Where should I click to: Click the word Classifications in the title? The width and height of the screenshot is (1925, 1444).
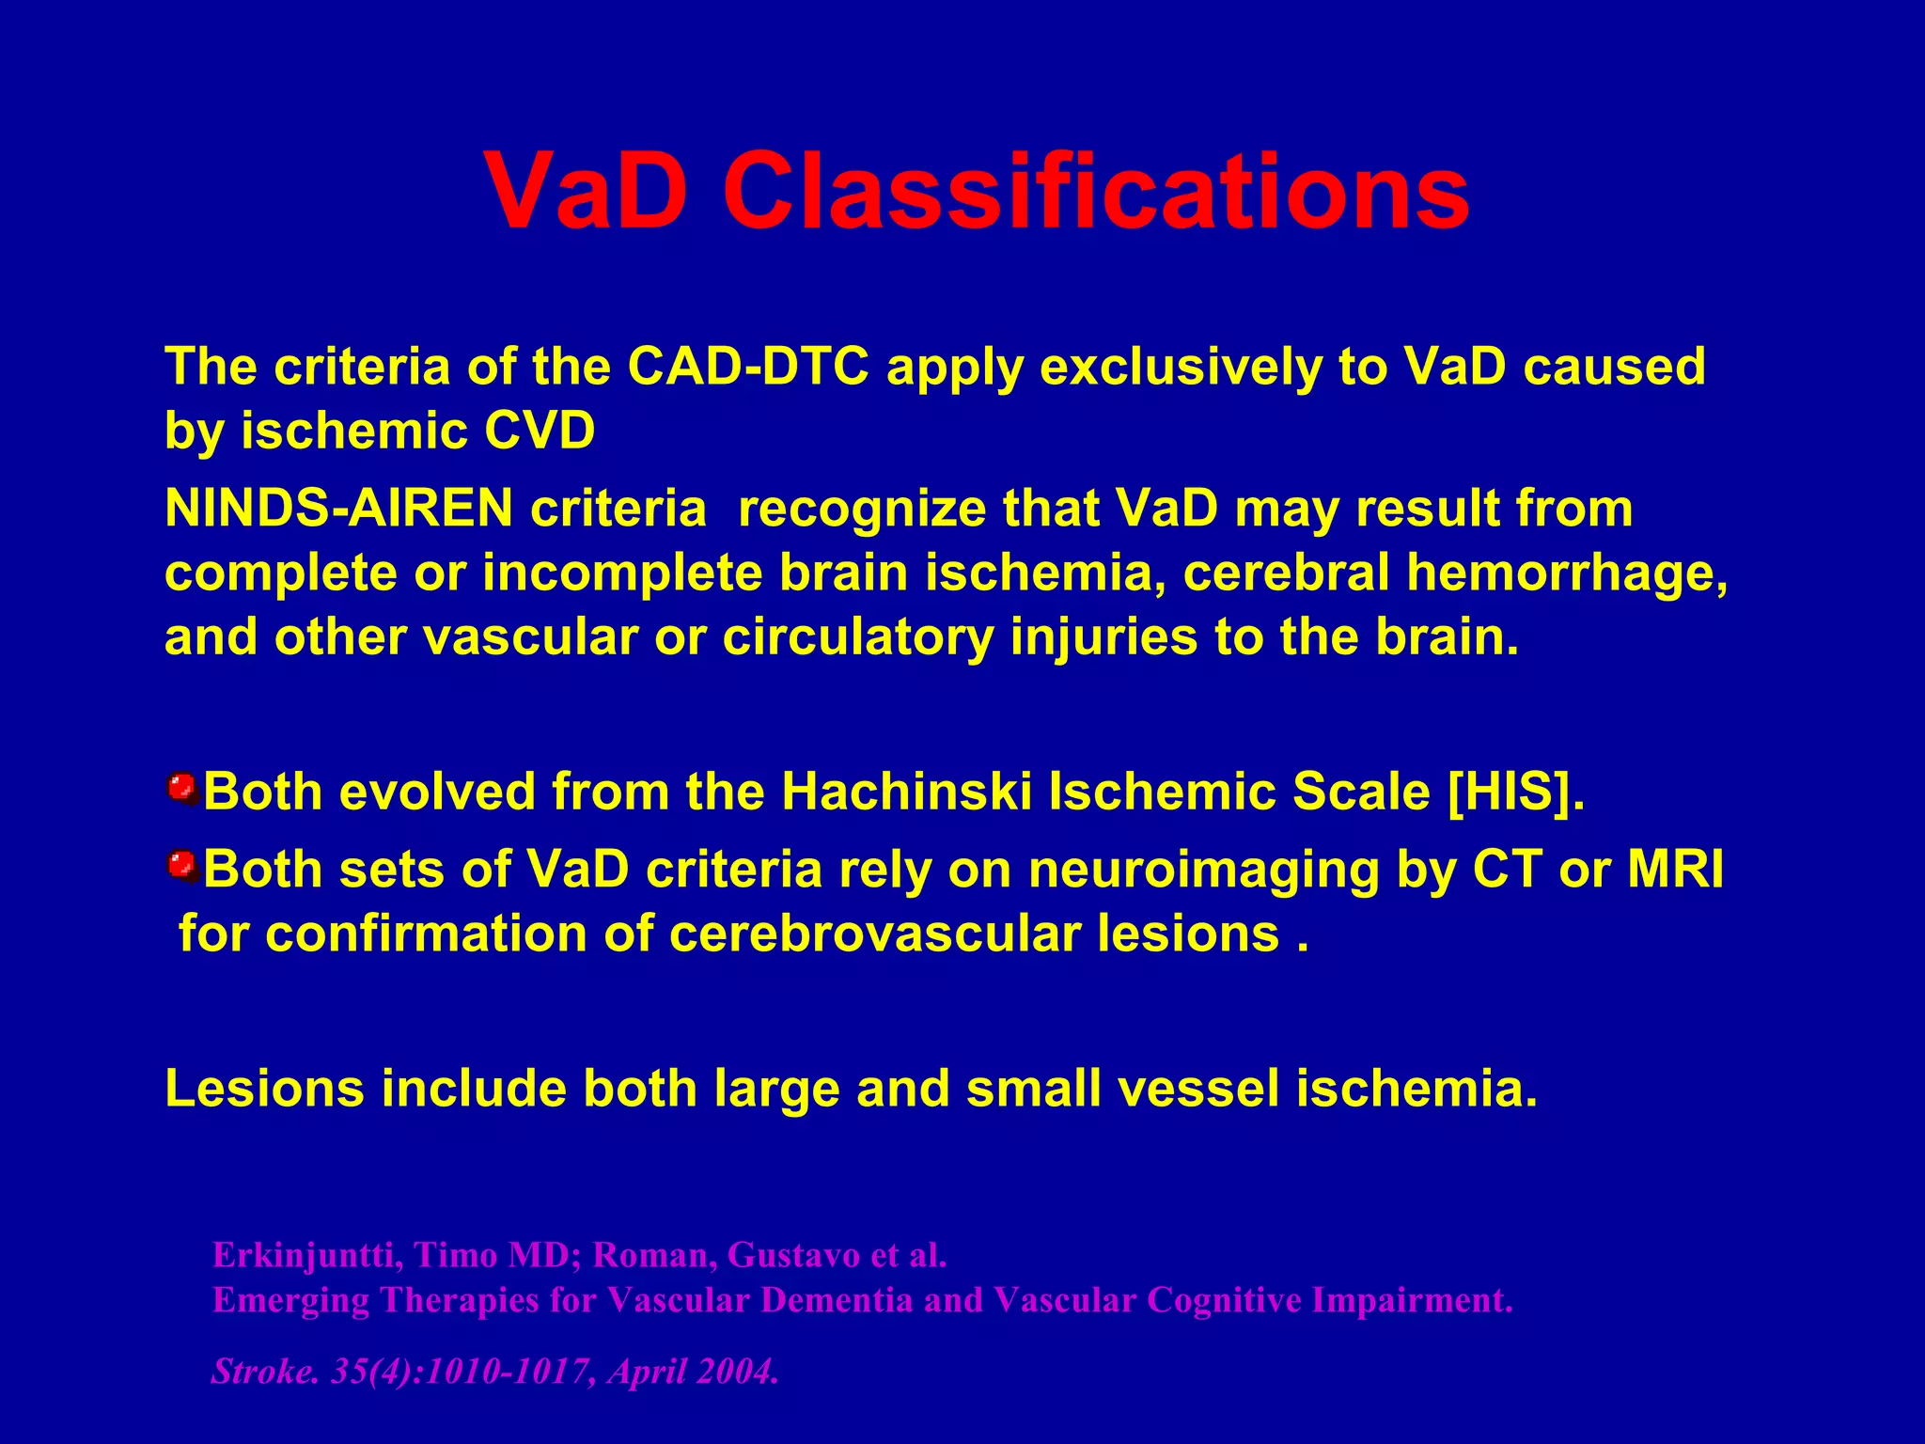[1095, 193]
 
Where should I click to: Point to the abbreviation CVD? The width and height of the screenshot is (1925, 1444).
[540, 432]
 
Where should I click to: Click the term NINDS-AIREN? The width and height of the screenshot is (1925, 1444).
[338, 509]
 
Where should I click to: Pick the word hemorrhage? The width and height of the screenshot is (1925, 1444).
[1567, 573]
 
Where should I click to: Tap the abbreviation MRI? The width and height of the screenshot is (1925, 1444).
[1675, 869]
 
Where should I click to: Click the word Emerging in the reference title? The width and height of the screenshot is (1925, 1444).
[290, 1300]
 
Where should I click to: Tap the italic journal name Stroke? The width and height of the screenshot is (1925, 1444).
[262, 1372]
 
